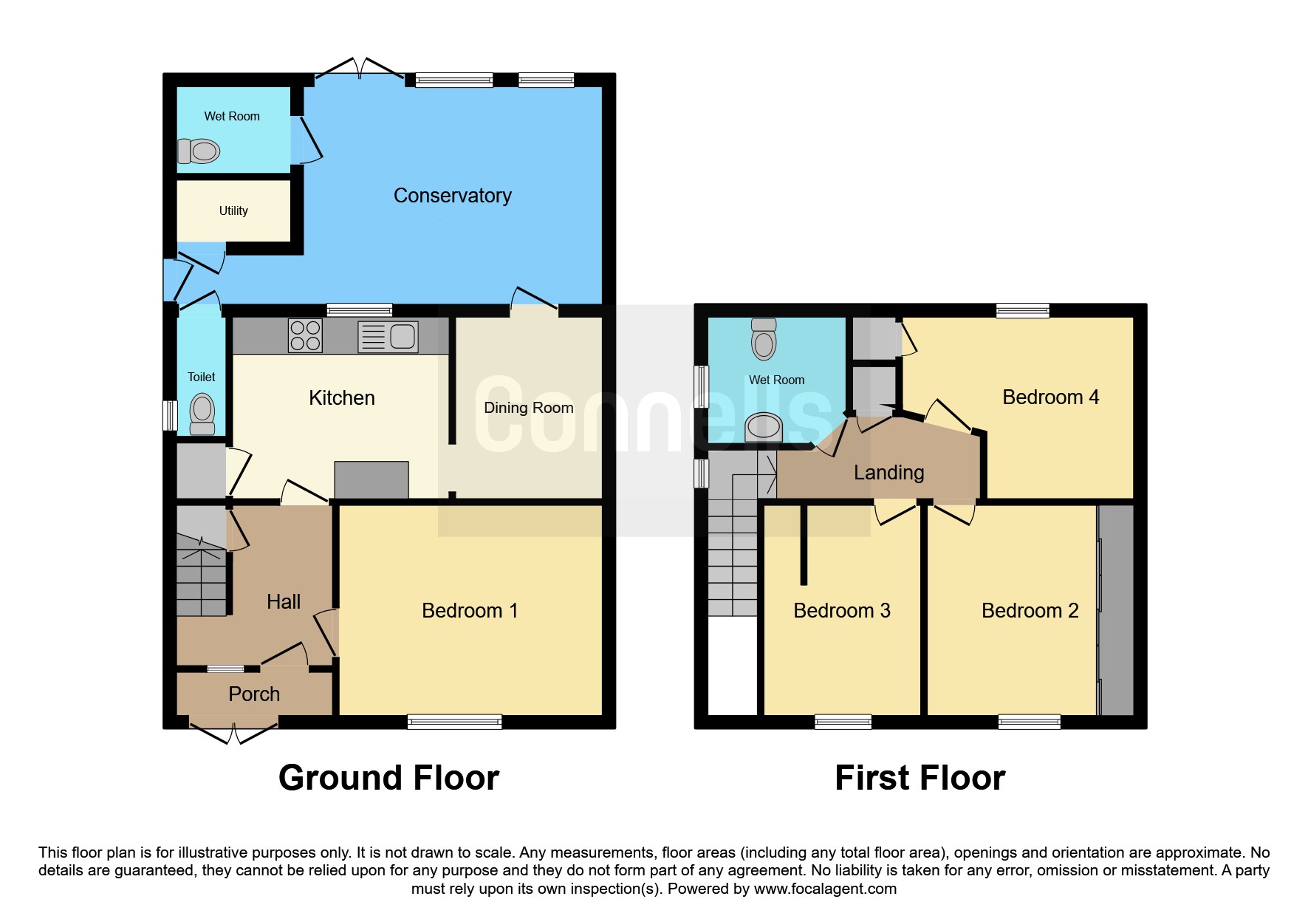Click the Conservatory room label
pyautogui.click(x=452, y=196)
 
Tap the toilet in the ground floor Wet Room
pyautogui.click(x=199, y=151)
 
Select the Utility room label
pyautogui.click(x=233, y=211)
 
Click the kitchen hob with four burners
pyautogui.click(x=305, y=335)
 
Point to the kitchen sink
pyautogui.click(x=388, y=336)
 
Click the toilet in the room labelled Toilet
pyautogui.click(x=202, y=415)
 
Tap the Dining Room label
pyautogui.click(x=529, y=408)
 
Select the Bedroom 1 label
pyautogui.click(x=470, y=611)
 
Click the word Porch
pyautogui.click(x=254, y=694)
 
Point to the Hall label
pyautogui.click(x=284, y=602)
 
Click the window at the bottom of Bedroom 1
pyautogui.click(x=455, y=722)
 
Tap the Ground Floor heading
pyautogui.click(x=389, y=778)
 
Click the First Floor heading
pyautogui.click(x=920, y=778)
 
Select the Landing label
pyautogui.click(x=889, y=473)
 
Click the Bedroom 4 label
pyautogui.click(x=1051, y=397)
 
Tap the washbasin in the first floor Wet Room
pyautogui.click(x=764, y=427)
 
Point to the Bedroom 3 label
pyautogui.click(x=842, y=611)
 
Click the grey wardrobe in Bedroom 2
pyautogui.click(x=1116, y=610)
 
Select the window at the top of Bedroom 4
pyautogui.click(x=1022, y=310)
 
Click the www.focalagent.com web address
pyautogui.click(x=825, y=889)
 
